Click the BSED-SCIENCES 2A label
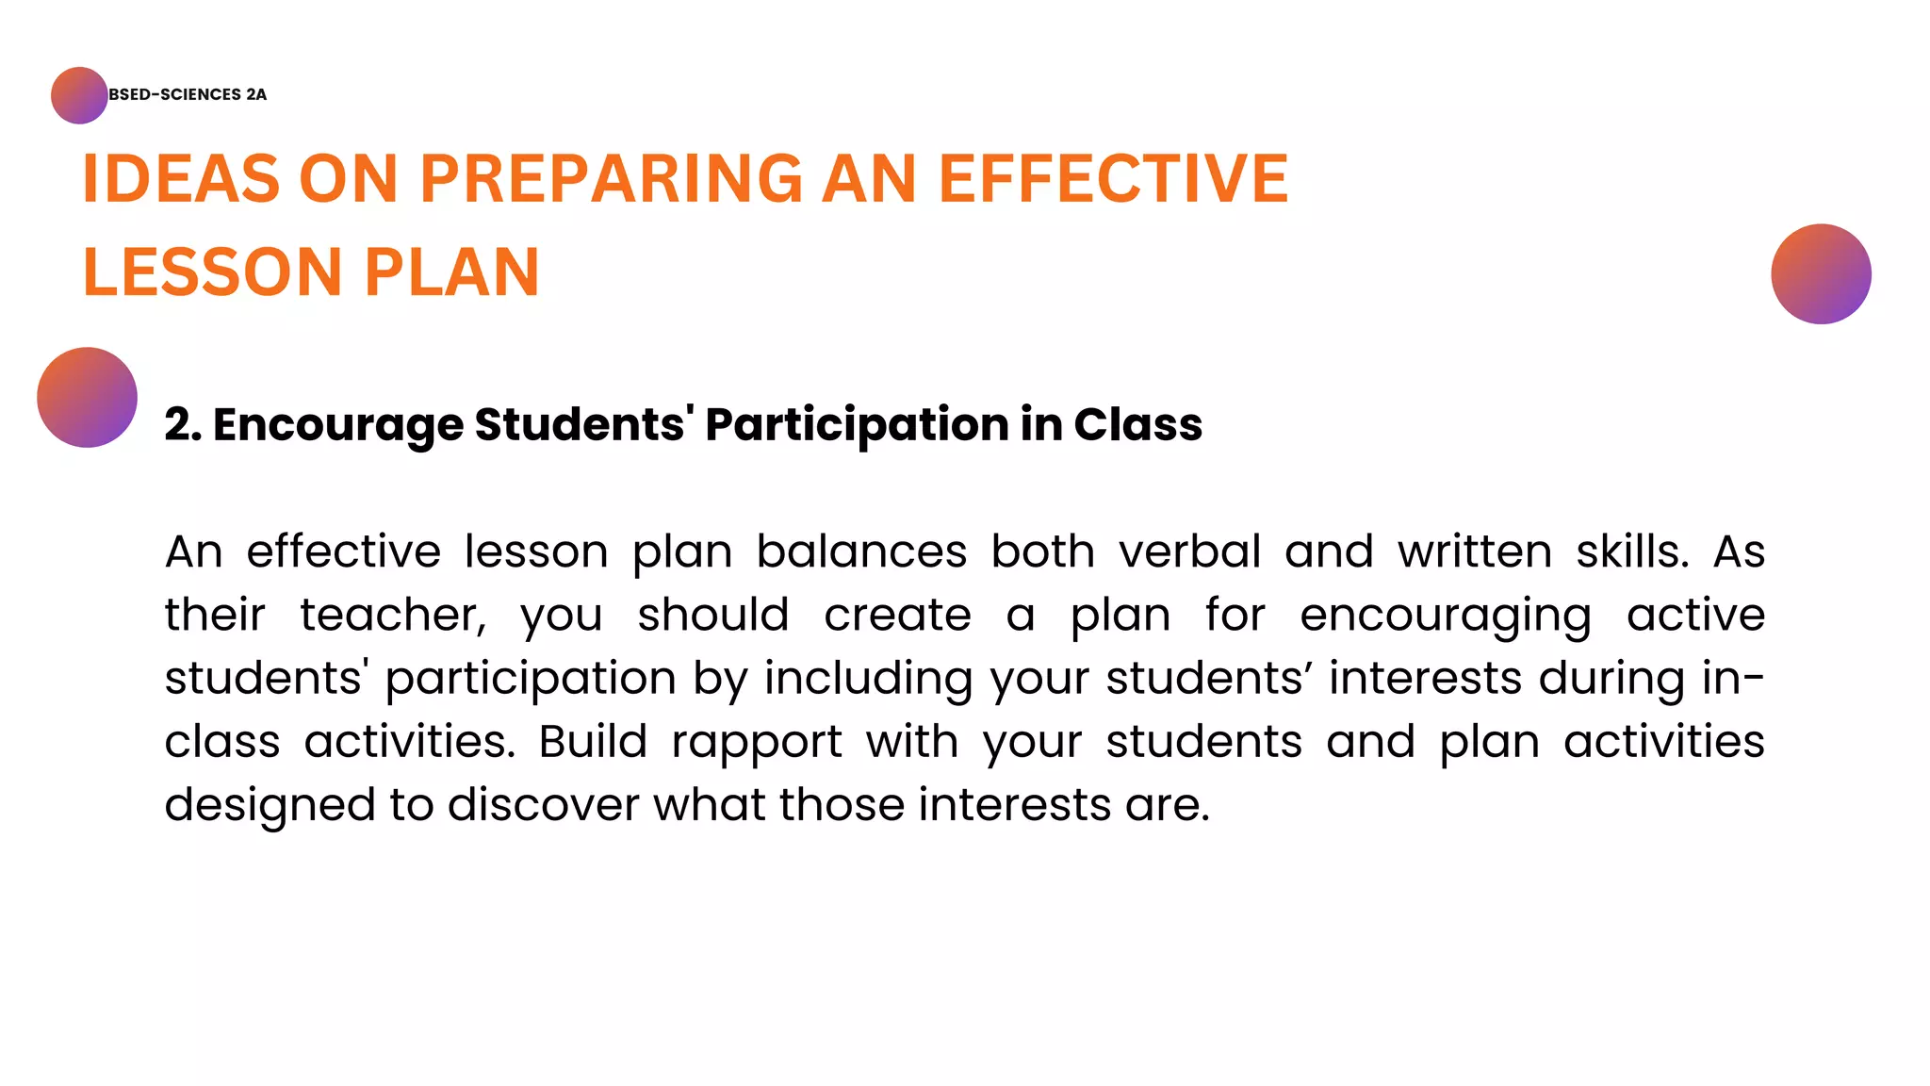[x=188, y=94]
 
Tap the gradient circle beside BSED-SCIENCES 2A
[x=79, y=95]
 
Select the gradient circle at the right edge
[x=1821, y=274]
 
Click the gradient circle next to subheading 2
[x=87, y=397]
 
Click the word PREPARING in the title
[x=612, y=178]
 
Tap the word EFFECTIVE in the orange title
[x=1113, y=178]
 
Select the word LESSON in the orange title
[x=212, y=272]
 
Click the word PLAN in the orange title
[x=451, y=272]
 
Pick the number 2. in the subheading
[x=183, y=424]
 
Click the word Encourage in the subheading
[x=338, y=425]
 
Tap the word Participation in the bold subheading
[x=855, y=425]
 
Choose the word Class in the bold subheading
[x=1137, y=424]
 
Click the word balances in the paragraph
[x=861, y=551]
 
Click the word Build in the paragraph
[x=593, y=742]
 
